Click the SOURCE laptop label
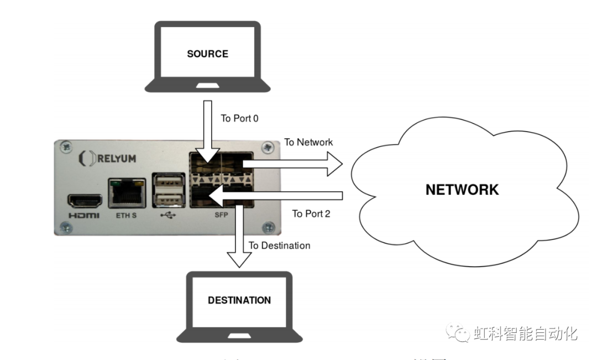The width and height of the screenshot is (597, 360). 207,54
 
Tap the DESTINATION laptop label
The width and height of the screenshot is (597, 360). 239,300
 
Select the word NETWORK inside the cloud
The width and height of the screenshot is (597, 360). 462,190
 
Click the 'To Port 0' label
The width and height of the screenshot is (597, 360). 239,118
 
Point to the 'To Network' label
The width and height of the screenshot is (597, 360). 308,142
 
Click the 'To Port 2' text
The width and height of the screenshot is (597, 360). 311,213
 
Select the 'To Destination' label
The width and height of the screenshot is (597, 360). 279,245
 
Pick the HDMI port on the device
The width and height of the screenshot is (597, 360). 84,200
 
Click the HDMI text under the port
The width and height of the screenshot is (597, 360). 84,215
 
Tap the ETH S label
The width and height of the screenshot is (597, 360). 127,215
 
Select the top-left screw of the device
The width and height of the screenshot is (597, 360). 66,147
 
